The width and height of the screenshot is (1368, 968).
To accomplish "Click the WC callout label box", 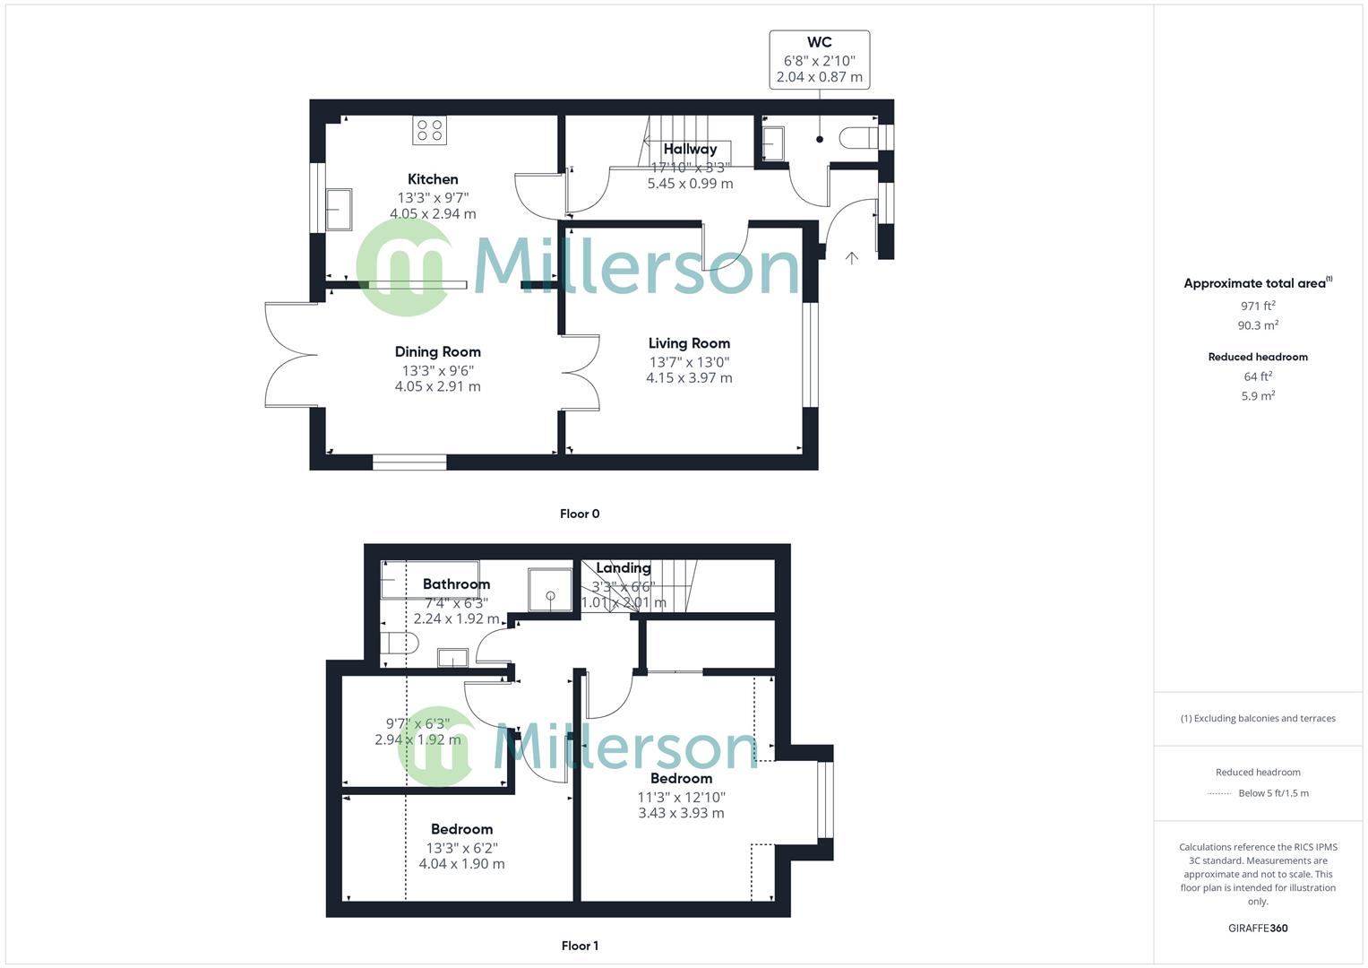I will click(x=819, y=60).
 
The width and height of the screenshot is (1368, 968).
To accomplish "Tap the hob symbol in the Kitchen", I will click(x=429, y=130).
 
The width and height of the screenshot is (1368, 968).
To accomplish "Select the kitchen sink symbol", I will click(x=339, y=209).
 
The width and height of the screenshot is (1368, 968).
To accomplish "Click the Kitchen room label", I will click(x=433, y=179).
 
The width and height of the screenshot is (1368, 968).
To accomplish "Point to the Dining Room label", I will click(x=438, y=352).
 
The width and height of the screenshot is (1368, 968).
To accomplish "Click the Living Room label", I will click(x=689, y=343).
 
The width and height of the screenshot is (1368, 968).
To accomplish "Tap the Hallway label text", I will click(x=690, y=150).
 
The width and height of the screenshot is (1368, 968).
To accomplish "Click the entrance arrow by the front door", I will click(x=851, y=258).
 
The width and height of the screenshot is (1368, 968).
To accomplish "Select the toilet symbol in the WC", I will click(x=858, y=138).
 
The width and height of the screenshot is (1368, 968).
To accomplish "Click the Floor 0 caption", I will click(x=580, y=514).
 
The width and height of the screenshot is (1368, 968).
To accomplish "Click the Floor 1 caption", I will click(x=580, y=946).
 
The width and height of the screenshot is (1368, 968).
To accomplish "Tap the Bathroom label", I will click(x=456, y=584).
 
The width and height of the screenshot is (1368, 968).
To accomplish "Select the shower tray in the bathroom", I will click(x=549, y=590).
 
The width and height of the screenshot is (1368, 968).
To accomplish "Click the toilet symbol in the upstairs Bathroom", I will click(x=399, y=643).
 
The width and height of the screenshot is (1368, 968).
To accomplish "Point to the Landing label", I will click(x=624, y=568).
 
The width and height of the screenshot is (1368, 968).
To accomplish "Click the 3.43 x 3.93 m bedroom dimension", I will click(x=681, y=813).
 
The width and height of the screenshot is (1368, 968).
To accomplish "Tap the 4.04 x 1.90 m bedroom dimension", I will click(x=461, y=864).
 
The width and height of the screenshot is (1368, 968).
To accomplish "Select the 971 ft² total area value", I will click(x=1258, y=306).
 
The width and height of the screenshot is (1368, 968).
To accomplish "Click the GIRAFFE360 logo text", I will click(x=1258, y=928).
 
